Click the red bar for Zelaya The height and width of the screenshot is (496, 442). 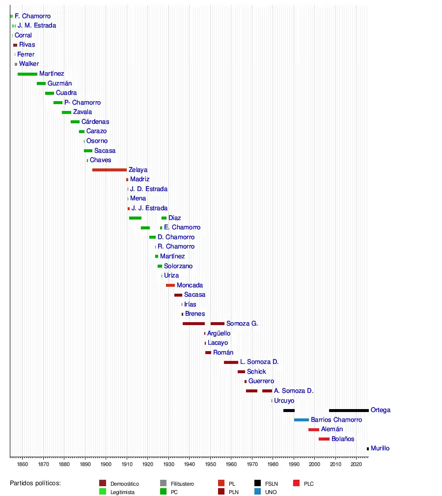[109, 170]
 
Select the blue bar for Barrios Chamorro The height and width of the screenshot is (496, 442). [302, 420]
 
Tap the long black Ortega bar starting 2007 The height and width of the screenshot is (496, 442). [349, 410]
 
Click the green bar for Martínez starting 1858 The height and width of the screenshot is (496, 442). [28, 74]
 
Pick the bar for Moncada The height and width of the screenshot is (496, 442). [170, 285]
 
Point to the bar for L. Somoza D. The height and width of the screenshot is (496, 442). [231, 362]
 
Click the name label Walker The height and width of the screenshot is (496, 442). [29, 64]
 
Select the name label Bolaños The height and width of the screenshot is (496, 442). [343, 439]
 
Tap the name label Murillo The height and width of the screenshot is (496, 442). [380, 448]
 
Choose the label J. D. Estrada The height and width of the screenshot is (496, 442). [149, 189]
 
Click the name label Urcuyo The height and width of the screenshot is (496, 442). [284, 401]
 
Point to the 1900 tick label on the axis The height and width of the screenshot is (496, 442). [106, 464]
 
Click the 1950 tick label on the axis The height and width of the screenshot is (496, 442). [210, 464]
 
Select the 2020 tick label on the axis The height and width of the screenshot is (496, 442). [356, 464]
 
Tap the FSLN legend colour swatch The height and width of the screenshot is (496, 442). [258, 484]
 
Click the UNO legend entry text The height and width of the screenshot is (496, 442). [271, 492]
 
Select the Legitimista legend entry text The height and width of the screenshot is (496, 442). [122, 492]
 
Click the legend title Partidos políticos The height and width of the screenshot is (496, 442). [35, 484]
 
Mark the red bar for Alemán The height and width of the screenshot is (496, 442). [314, 430]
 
